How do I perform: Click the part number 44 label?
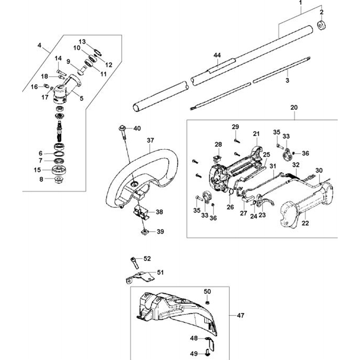click(x=217, y=55)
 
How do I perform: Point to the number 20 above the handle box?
click(x=294, y=107)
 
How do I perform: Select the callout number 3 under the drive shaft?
click(x=287, y=81)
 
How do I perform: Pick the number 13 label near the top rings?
click(x=82, y=41)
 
